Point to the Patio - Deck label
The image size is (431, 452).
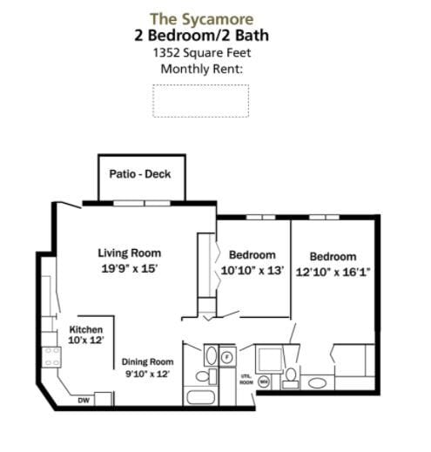point(140,174)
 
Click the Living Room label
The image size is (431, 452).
point(129,253)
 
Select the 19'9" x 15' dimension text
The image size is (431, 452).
point(129,268)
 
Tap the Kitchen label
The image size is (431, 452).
point(86,329)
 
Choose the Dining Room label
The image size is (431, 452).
point(146,361)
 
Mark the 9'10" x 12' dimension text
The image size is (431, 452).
point(146,374)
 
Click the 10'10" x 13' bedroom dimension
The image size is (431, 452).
point(252,270)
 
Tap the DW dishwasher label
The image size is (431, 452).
point(84,401)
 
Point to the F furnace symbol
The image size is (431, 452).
point(226,356)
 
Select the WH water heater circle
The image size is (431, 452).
point(263,381)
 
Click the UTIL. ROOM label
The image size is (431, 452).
point(246,380)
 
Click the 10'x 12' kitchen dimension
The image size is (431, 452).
point(86,341)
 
